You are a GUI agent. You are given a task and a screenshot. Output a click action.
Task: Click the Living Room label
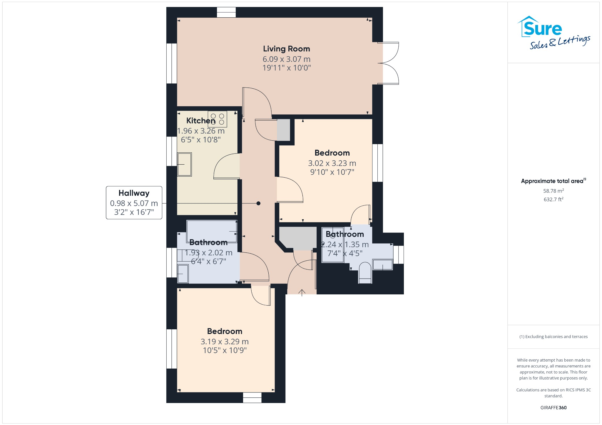[286, 49]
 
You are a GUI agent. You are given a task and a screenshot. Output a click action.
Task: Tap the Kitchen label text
[201, 121]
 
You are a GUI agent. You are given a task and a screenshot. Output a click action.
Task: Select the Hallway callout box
[134, 203]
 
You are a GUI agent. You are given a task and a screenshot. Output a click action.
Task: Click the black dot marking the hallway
[258, 203]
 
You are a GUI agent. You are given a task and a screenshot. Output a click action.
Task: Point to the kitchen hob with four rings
[217, 119]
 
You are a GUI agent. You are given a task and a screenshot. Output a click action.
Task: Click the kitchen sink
[184, 164]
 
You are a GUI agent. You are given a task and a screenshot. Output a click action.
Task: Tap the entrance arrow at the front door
[302, 293]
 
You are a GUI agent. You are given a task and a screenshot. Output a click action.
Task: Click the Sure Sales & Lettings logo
[554, 33]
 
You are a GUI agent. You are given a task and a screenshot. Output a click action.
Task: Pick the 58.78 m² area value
[553, 191]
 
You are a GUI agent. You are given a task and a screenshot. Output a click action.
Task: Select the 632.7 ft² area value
[553, 199]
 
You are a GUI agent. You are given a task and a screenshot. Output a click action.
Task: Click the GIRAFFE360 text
[553, 407]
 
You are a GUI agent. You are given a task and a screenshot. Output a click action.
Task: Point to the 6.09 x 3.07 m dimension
[287, 59]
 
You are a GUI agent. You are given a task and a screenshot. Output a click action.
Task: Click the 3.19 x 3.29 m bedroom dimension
[225, 342]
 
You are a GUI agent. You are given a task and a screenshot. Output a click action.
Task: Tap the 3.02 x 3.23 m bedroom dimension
[332, 163]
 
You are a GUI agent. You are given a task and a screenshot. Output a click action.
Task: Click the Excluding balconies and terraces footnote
[553, 337]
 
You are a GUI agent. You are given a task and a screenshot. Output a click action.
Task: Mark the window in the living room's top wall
[226, 12]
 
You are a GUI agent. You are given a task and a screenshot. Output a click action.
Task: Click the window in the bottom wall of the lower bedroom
[252, 398]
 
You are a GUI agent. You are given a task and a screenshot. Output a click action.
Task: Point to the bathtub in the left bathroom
[212, 231]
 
